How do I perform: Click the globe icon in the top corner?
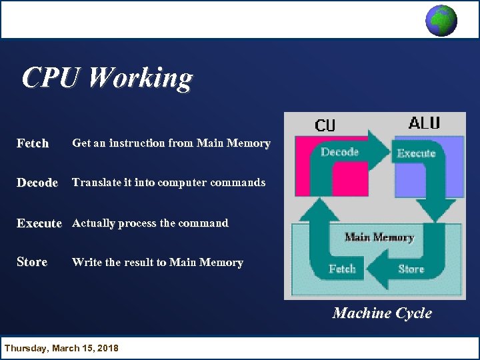click(441, 20)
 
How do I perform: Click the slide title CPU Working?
click(107, 78)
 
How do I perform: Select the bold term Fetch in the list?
click(33, 143)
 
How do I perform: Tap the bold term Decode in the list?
click(37, 183)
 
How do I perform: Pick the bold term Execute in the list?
click(39, 223)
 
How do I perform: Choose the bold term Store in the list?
click(32, 262)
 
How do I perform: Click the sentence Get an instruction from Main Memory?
click(171, 143)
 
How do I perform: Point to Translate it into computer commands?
click(169, 182)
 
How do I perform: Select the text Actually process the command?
click(150, 223)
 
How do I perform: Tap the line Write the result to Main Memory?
click(157, 262)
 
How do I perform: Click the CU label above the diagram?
click(325, 125)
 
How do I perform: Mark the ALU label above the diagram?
click(424, 123)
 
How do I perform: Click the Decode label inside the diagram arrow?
click(340, 152)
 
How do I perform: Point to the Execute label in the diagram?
click(416, 153)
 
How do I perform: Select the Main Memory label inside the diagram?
click(379, 237)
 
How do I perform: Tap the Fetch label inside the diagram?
click(342, 269)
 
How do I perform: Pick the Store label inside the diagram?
click(411, 269)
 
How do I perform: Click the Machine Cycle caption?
click(382, 313)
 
